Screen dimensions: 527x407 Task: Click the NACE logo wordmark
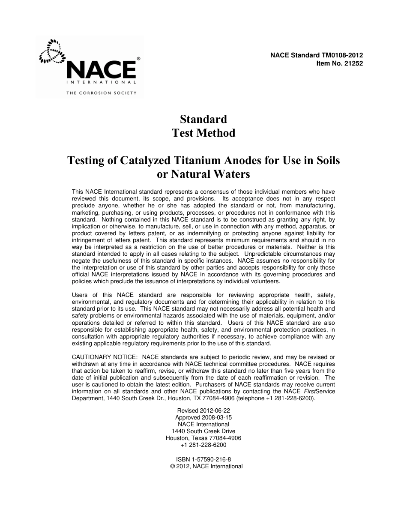pos(101,69)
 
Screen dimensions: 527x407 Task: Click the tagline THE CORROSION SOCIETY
pos(101,93)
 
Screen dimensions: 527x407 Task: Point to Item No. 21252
pos(339,63)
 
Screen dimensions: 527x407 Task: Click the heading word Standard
pos(203,119)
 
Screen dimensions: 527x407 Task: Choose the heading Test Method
pos(203,133)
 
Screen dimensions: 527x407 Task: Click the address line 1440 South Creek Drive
pos(203,431)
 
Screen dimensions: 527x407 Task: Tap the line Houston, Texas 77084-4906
pos(203,438)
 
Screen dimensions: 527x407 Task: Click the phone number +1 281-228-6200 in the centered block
pos(203,445)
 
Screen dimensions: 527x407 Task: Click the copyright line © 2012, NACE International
pos(206,466)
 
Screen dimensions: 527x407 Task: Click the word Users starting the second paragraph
pos(80,295)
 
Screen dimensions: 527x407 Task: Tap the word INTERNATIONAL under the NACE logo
pos(101,81)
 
